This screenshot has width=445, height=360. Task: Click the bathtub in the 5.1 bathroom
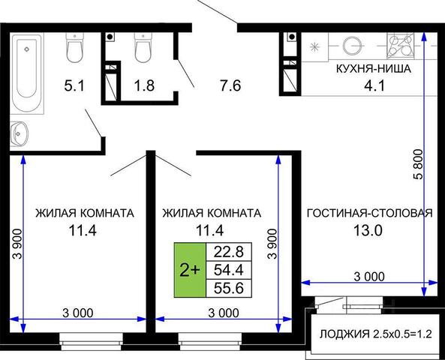pyautogui.click(x=27, y=73)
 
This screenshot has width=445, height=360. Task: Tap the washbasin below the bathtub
pyautogui.click(x=20, y=133)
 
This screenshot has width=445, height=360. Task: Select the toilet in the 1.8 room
pyautogui.click(x=143, y=48)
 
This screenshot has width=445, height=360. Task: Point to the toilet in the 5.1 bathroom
pyautogui.click(x=75, y=47)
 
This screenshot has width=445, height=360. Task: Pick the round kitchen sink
pyautogui.click(x=353, y=46)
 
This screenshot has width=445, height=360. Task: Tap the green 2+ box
pyautogui.click(x=190, y=270)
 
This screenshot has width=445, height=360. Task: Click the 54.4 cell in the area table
pyautogui.click(x=229, y=270)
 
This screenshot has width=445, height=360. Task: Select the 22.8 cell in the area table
pyautogui.click(x=229, y=252)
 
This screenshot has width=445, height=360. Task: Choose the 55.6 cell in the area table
pyautogui.click(x=229, y=288)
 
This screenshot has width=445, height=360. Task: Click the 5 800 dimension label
pyautogui.click(x=418, y=164)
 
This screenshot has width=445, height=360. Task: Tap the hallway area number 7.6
pyautogui.click(x=230, y=85)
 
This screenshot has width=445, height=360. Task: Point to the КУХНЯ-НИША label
pyautogui.click(x=374, y=69)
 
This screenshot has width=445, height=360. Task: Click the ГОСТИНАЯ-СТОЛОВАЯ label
pyautogui.click(x=370, y=213)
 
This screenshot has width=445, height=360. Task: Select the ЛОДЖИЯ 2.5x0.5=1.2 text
pyautogui.click(x=376, y=334)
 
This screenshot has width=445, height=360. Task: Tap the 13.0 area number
pyautogui.click(x=368, y=231)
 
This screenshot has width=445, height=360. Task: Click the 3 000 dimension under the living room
pyautogui.click(x=369, y=276)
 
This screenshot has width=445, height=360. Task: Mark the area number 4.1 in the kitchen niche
pyautogui.click(x=374, y=85)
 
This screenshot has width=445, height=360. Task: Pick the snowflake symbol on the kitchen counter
pyautogui.click(x=314, y=46)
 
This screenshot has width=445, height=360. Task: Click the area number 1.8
pyautogui.click(x=144, y=85)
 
